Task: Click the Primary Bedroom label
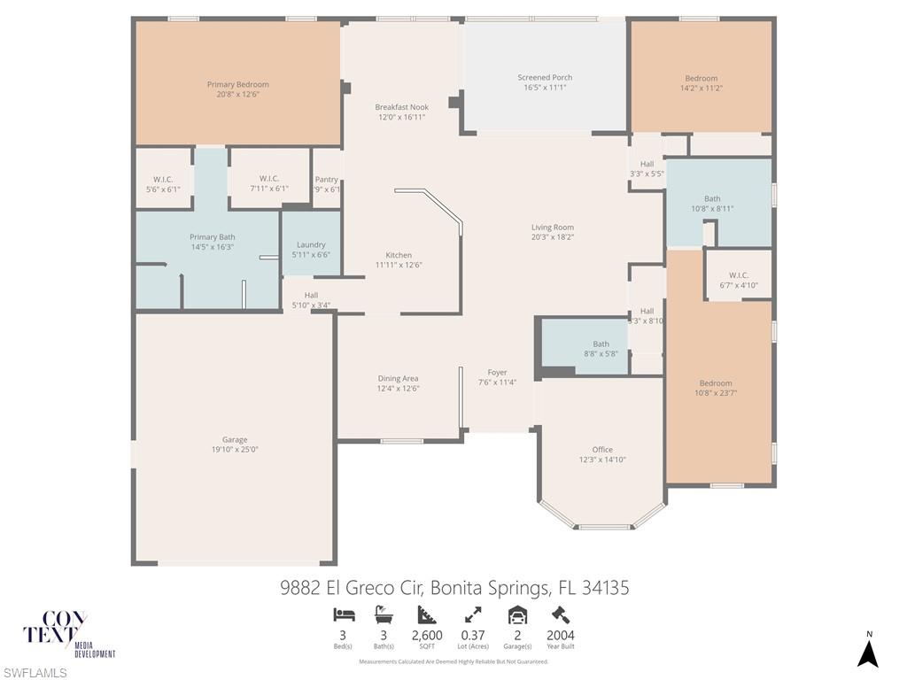237,85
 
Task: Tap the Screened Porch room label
545,78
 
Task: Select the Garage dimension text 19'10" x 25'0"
235,450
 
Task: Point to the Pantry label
326,180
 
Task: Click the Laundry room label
311,245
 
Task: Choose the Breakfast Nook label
401,107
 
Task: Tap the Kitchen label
399,255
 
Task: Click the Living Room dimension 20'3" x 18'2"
553,237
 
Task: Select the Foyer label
498,373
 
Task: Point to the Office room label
602,450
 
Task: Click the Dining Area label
398,379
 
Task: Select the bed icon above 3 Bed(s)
343,614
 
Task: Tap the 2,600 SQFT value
427,635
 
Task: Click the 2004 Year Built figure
560,635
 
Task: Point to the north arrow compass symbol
869,653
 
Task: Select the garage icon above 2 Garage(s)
517,614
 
